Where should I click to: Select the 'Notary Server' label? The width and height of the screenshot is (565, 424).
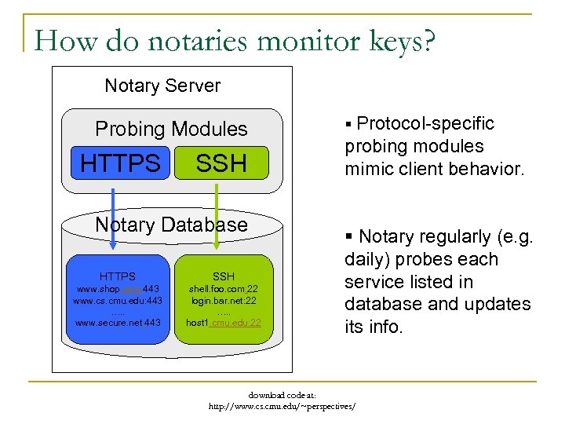[x=162, y=86]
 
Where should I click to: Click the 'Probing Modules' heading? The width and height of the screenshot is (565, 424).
[x=171, y=129]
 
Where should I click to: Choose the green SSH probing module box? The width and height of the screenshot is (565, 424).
[x=221, y=163]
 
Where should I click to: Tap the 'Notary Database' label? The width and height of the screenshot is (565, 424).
[x=171, y=225]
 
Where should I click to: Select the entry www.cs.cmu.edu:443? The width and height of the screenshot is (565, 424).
[x=118, y=301]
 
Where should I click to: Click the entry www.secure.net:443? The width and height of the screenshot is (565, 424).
[x=118, y=323]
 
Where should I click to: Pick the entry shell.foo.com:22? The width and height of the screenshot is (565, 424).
[x=224, y=289]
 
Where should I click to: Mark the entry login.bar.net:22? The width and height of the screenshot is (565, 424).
[x=224, y=301]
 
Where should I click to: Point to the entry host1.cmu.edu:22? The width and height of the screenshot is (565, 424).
[x=224, y=323]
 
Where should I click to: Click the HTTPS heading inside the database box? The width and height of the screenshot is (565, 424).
[x=118, y=276]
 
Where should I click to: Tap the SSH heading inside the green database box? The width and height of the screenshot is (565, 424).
[x=224, y=276]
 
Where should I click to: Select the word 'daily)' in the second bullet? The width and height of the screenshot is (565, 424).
[x=369, y=259]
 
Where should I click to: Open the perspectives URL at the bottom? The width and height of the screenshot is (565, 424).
[x=282, y=407]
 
